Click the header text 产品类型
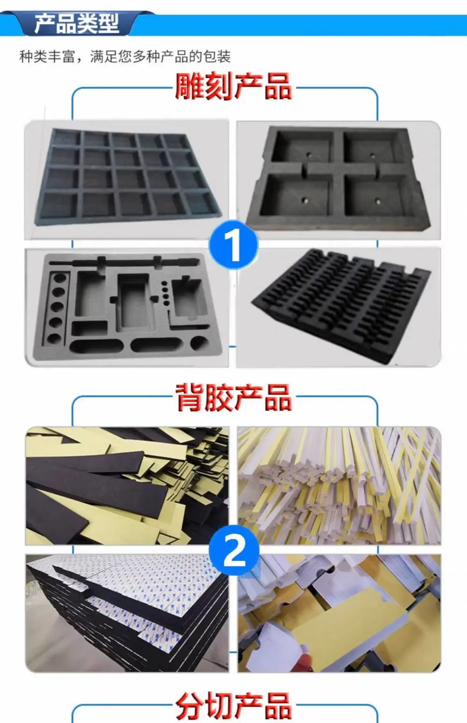77,23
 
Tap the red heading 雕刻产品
233,86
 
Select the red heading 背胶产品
233,397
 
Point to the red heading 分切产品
233,706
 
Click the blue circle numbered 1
233,244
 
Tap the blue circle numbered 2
234,550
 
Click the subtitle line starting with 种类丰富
125,56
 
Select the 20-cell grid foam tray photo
127,179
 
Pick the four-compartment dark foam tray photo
339,180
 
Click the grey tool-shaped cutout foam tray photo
127,308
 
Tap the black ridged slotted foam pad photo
339,307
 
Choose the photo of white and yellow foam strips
339,486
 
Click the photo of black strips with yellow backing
127,486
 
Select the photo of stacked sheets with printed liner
127,613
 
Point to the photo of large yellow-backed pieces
339,613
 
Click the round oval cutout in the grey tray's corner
199,343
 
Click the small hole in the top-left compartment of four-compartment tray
309,154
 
